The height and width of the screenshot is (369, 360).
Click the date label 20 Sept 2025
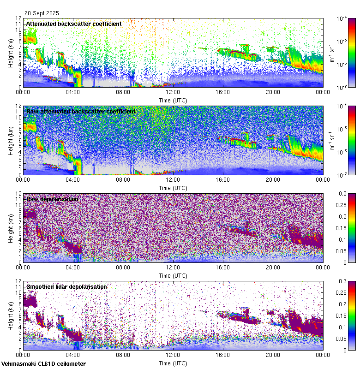click(x=42, y=13)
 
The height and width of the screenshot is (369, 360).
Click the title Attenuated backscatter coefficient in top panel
click(x=74, y=24)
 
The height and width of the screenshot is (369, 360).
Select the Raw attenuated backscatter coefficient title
click(x=81, y=111)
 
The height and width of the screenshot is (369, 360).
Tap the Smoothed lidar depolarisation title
click(x=66, y=286)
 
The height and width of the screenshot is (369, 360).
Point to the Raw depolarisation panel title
click(x=52, y=199)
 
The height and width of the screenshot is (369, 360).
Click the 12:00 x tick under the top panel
click(x=173, y=92)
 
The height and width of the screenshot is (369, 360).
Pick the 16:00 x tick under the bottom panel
click(x=223, y=355)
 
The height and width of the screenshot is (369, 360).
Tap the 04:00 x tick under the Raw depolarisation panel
click(x=73, y=268)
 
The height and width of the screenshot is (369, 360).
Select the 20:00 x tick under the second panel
click(x=273, y=180)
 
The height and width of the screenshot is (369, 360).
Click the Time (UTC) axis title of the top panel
click(x=173, y=100)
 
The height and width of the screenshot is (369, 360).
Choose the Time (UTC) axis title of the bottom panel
click(x=173, y=363)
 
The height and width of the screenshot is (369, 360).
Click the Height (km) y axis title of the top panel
click(x=11, y=53)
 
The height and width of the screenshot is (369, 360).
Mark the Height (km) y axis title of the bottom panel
click(x=11, y=316)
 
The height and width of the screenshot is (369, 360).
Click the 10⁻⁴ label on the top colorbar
click(x=342, y=19)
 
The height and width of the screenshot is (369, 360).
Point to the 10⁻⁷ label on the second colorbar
click(x=342, y=175)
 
